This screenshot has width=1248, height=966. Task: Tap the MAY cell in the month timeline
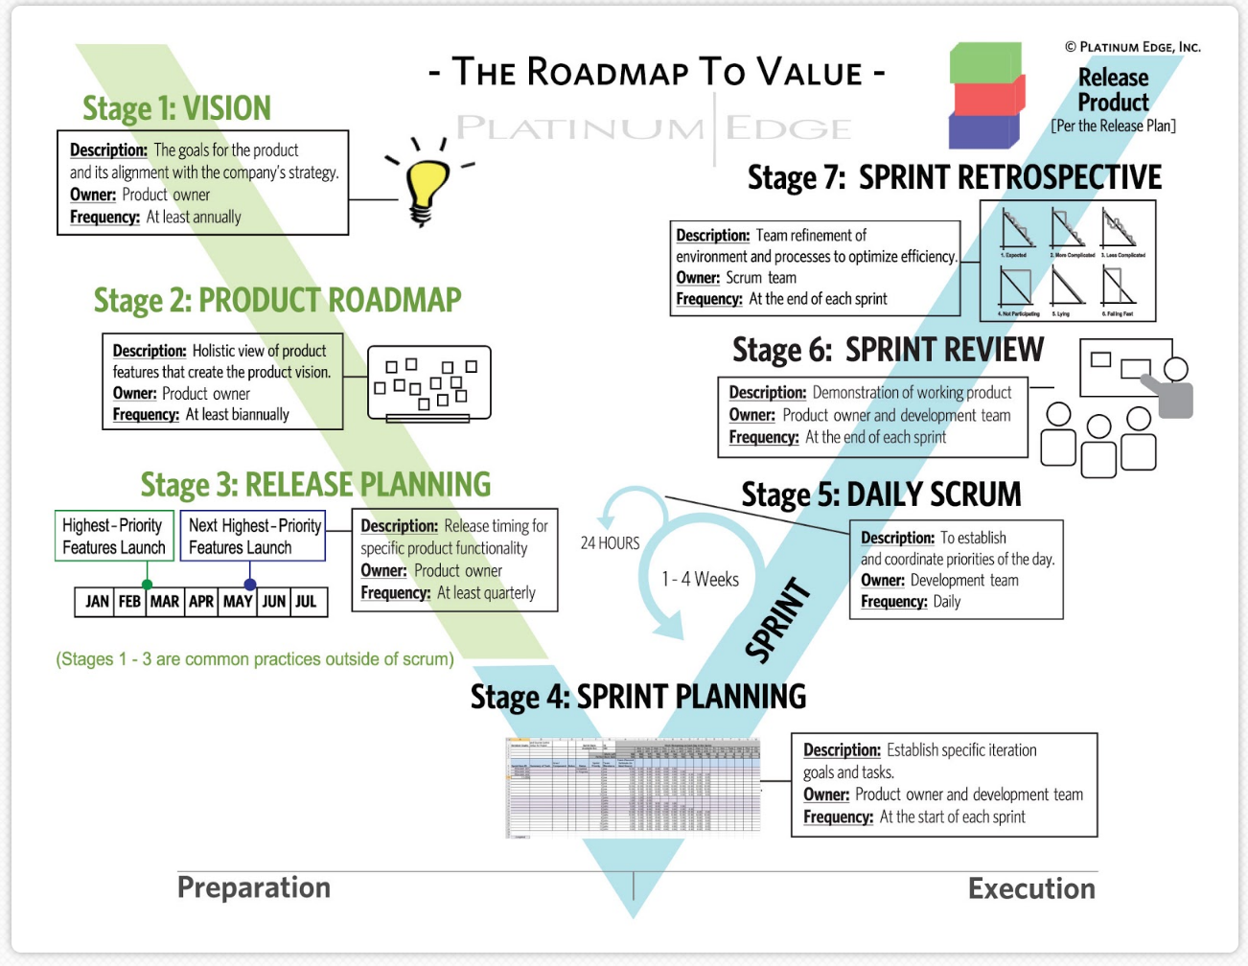click(x=238, y=602)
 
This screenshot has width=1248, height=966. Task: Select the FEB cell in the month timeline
click(x=129, y=602)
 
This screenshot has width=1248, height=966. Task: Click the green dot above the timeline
click(x=147, y=584)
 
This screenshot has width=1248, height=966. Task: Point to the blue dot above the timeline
click(x=250, y=584)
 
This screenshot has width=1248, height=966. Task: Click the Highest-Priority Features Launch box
click(x=114, y=536)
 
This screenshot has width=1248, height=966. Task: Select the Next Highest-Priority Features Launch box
click(x=254, y=536)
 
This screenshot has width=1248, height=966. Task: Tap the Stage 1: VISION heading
click(x=176, y=108)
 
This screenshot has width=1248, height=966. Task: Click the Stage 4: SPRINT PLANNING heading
click(x=637, y=697)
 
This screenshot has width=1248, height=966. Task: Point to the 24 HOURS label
click(x=610, y=543)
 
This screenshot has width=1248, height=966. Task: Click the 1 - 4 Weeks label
click(x=700, y=580)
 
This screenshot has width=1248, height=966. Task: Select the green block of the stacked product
click(x=985, y=62)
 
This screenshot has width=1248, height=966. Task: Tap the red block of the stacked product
click(x=987, y=96)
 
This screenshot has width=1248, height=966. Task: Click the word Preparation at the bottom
click(x=254, y=887)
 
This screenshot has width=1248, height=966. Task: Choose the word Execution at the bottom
click(x=1031, y=888)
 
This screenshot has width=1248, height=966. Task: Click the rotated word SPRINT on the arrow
click(x=777, y=621)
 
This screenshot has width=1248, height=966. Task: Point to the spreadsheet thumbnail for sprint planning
click(x=633, y=788)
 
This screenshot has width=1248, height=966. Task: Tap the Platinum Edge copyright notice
click(x=1132, y=47)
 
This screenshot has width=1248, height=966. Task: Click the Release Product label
click(x=1113, y=90)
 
